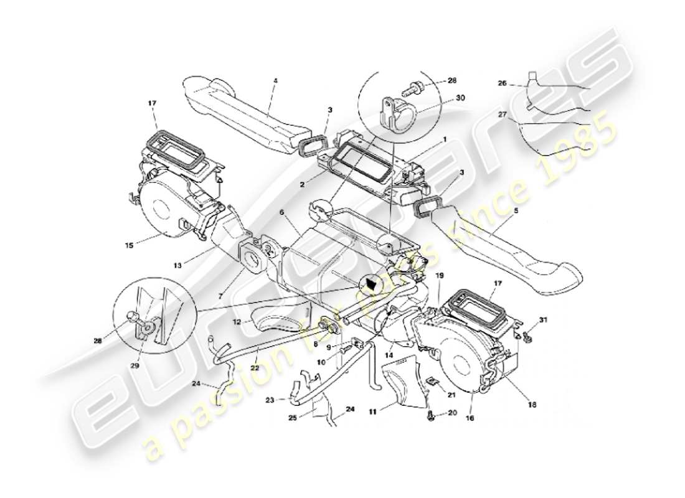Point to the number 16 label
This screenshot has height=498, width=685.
470,419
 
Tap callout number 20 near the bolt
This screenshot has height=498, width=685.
452,413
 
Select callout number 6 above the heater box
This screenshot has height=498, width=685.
282,212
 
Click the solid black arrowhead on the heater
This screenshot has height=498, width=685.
372,284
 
